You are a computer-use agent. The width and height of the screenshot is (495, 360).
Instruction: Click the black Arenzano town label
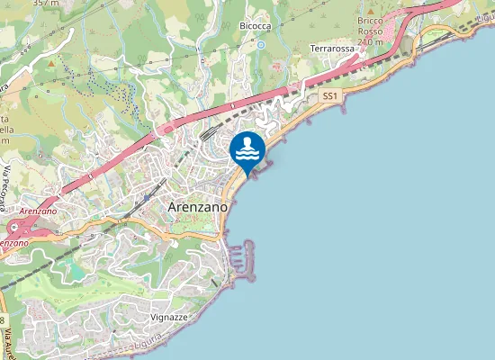(195, 206)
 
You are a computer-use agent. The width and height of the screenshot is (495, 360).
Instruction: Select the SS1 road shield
(330, 94)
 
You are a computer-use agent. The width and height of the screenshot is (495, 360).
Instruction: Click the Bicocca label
(256, 27)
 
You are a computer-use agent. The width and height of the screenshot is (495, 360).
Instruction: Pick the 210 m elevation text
(370, 41)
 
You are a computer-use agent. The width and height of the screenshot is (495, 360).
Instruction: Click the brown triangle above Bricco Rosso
(371, 7)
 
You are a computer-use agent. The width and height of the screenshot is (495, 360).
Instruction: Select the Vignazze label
(169, 319)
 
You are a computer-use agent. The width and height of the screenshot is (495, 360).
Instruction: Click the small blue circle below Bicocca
(261, 44)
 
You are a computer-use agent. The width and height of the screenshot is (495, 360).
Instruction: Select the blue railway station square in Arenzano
(146, 196)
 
